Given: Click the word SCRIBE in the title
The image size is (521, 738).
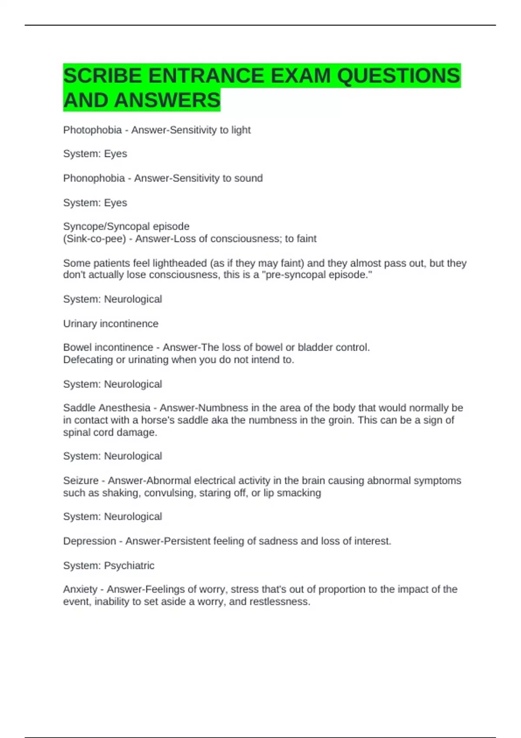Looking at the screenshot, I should (102, 76).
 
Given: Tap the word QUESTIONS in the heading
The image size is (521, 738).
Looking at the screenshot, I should (398, 76).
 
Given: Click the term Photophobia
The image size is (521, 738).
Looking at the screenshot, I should (92, 130).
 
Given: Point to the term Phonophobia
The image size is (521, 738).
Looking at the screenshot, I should (94, 178).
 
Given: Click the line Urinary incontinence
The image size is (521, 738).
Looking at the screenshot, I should (111, 324).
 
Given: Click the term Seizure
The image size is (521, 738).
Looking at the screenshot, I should (81, 481).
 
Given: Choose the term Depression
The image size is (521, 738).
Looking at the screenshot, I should (89, 541).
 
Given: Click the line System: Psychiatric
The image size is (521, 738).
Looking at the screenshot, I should (109, 566).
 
